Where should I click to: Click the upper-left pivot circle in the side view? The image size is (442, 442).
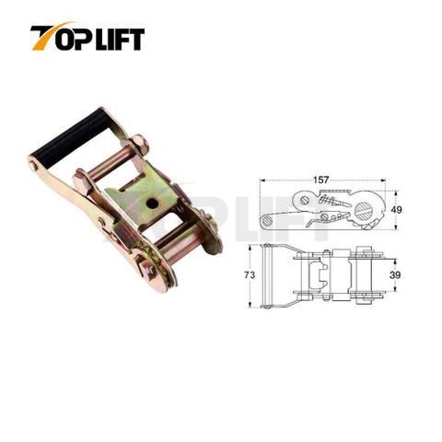(305, 199)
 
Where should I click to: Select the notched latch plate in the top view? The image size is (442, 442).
(320, 276)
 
